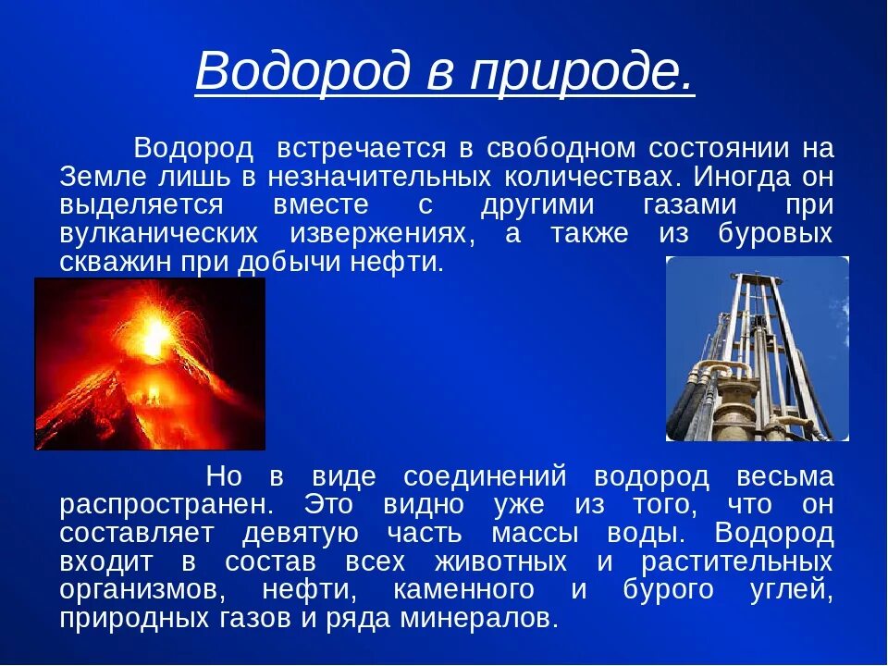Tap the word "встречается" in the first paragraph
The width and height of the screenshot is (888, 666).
362,148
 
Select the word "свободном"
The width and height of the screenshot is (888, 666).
561,148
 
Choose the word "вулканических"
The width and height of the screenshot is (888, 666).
158,233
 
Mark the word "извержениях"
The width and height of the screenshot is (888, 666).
377,233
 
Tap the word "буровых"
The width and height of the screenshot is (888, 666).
776,233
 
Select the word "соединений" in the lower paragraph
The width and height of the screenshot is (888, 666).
485,475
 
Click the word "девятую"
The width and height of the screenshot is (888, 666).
300,533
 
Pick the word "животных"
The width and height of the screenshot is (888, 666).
500,561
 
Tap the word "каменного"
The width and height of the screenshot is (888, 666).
463,589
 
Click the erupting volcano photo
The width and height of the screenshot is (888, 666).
150,364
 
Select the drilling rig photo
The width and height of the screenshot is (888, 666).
758,349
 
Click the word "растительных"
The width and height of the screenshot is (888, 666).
737,561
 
